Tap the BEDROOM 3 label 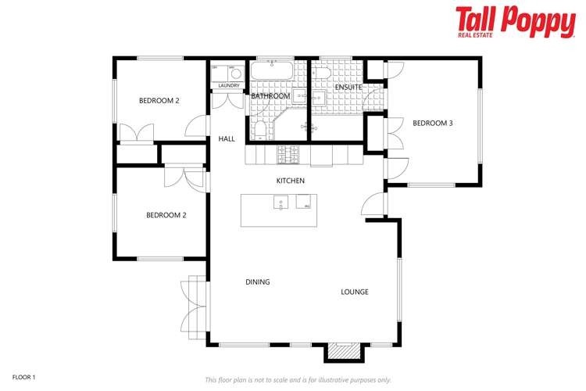(432, 123)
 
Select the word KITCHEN (290, 181)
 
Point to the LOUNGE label (354, 292)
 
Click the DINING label (258, 282)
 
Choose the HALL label (227, 138)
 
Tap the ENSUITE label (348, 87)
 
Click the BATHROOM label (270, 96)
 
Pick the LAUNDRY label (228, 85)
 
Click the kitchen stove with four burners (289, 156)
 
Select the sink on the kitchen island (280, 204)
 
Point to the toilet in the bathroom (260, 129)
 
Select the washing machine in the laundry (235, 74)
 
